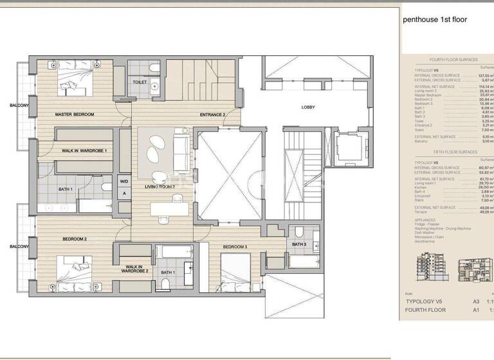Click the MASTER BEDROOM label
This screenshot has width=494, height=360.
tap(75, 114)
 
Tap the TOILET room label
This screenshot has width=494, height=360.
tap(140, 82)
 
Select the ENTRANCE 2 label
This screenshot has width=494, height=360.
tap(212, 114)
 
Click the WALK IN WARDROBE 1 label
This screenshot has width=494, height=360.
tap(84, 150)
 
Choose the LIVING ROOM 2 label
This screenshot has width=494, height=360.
tap(160, 186)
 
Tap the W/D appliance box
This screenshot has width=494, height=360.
tap(123, 181)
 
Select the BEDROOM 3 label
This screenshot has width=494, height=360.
tap(235, 247)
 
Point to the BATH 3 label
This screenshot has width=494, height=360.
tap(299, 244)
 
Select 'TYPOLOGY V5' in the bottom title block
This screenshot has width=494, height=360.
tap(426, 301)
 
